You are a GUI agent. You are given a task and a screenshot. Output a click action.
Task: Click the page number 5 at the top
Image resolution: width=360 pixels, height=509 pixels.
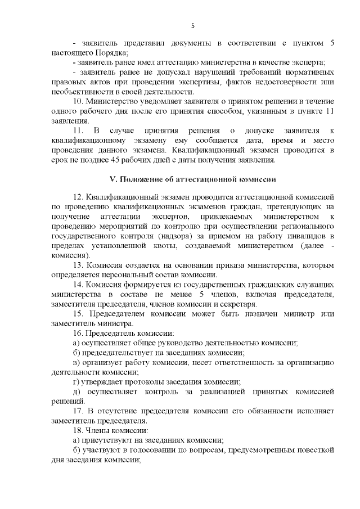[x=193, y=26]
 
